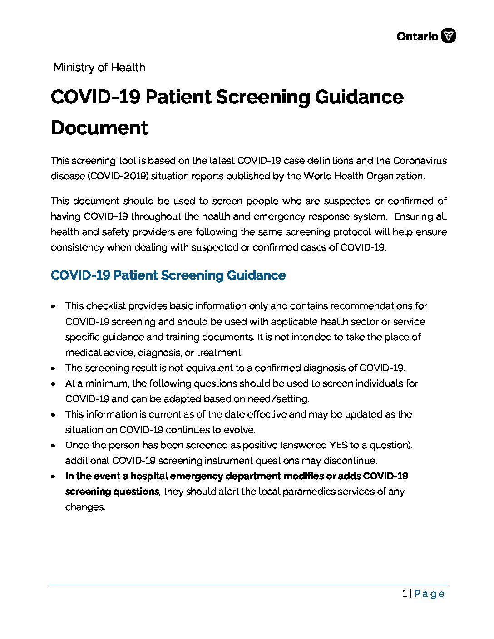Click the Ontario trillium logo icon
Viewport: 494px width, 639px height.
pos(449,36)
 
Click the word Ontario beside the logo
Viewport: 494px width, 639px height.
pos(417,36)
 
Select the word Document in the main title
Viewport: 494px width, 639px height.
pos(99,128)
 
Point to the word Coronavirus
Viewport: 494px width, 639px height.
pos(420,161)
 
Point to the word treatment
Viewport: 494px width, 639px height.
pos(220,353)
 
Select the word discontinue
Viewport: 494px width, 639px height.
pos(350,461)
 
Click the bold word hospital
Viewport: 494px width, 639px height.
pos(149,476)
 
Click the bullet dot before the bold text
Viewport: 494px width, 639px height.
pos(54,477)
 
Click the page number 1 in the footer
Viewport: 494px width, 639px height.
pos(405,594)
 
